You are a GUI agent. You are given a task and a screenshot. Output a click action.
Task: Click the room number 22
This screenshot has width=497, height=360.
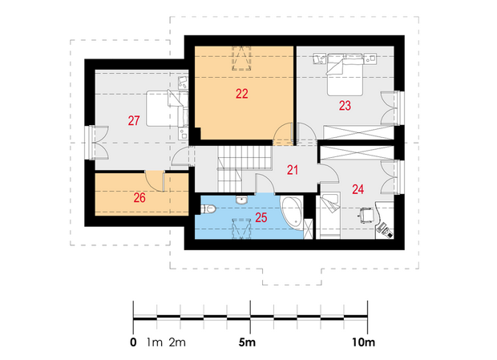pos(242,94)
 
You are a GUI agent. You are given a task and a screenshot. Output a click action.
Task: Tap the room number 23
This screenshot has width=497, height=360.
pos(345,106)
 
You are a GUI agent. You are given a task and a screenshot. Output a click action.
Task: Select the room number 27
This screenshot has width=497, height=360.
pos(134,120)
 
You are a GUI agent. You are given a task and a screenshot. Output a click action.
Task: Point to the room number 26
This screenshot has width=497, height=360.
pos(139,198)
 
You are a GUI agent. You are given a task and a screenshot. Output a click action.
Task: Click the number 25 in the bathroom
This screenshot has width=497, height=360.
pos(261,217)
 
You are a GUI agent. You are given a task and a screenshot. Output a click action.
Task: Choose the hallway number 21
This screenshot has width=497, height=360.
pos(293,170)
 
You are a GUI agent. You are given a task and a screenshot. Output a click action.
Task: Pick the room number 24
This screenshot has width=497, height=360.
pos(358,189)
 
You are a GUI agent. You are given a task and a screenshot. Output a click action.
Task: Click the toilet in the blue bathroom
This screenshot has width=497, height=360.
pos(208,208)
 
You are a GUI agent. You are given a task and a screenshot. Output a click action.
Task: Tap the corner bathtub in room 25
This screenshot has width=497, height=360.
pos(292,212)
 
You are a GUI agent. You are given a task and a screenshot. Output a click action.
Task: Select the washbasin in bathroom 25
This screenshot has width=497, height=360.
pos(242,200)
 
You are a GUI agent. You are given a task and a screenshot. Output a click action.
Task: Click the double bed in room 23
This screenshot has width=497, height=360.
pos(345,75)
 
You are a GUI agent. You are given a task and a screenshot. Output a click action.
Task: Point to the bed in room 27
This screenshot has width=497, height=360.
pos(168,108)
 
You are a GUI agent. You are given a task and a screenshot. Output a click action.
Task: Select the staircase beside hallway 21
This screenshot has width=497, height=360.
pos(244,168)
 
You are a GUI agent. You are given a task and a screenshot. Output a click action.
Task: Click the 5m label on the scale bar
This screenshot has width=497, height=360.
pos(247,342)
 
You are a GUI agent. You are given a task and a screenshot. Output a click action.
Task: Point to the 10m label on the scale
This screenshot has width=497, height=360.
pos(363,342)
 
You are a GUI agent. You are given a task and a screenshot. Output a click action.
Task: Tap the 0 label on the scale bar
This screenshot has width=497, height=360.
pos(133,342)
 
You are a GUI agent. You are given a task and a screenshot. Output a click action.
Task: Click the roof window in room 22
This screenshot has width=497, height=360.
pos(242,59)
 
